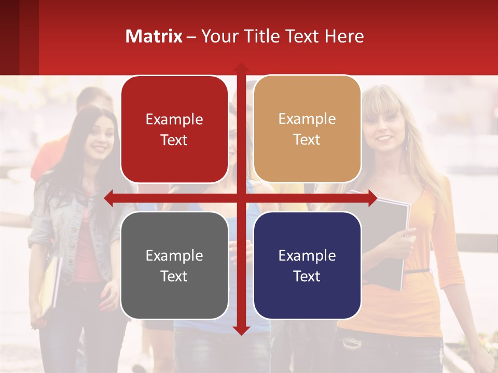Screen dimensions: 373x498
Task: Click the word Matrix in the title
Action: point(154,36)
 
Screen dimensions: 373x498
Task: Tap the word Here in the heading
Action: point(344,36)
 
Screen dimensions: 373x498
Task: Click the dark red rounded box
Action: point(174,130)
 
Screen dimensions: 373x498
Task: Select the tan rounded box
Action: point(307,129)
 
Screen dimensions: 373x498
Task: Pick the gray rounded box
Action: point(174,265)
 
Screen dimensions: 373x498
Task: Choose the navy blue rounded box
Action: point(307,265)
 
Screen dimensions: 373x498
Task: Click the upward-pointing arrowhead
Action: point(241,68)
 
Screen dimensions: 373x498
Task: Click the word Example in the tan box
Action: point(307,119)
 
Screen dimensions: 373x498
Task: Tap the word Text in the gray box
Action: point(174,276)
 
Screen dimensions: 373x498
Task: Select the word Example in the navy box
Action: point(307,255)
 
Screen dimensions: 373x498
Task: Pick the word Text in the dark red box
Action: point(174,140)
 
